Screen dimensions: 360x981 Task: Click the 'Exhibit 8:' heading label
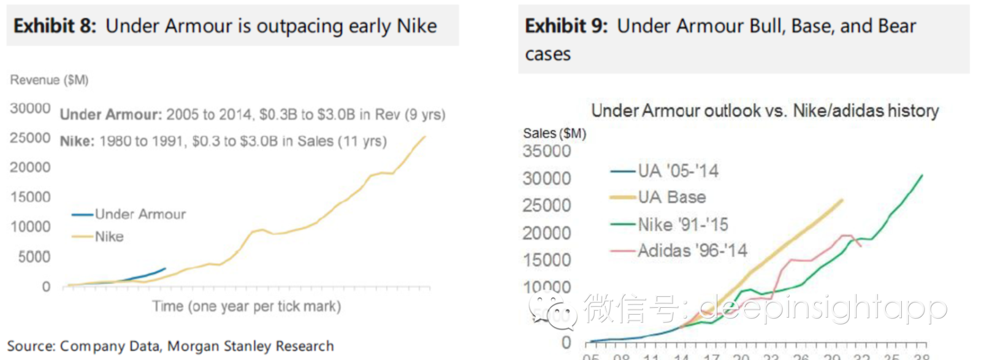(x=55, y=26)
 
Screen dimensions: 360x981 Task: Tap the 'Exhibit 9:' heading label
(x=566, y=26)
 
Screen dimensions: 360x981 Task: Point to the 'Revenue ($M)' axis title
(x=49, y=80)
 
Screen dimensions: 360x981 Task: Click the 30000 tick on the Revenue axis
(x=30, y=109)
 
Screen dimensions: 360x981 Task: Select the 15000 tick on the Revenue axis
(x=30, y=197)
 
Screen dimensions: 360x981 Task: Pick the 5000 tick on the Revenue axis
(x=34, y=256)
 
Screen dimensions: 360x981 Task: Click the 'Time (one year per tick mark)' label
(x=246, y=306)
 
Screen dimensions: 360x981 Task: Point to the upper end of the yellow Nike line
(x=425, y=136)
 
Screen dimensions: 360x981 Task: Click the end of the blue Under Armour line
(x=165, y=268)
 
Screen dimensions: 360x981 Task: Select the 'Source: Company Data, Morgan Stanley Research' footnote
(x=170, y=346)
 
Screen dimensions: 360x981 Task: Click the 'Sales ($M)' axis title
(x=554, y=133)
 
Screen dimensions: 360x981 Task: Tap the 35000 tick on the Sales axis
(x=546, y=151)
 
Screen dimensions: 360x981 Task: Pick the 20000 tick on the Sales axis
(x=546, y=233)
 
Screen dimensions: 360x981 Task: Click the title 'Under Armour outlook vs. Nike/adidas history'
(x=765, y=110)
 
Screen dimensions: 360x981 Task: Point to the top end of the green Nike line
(x=922, y=175)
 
